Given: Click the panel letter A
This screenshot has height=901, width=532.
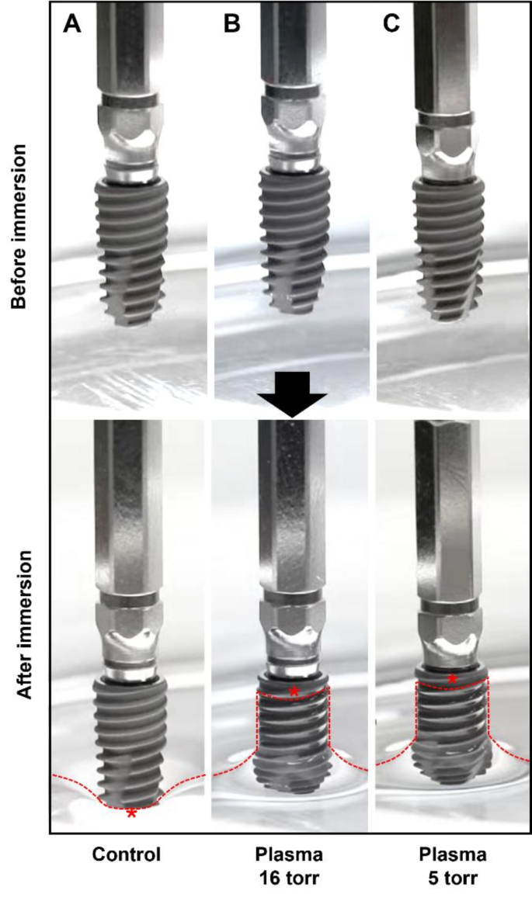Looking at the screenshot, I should click(72, 24).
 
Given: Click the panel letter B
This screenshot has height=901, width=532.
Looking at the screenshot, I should click(231, 24).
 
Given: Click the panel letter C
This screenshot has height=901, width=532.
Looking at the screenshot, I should click(391, 24).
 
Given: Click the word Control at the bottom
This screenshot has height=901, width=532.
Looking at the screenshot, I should click(126, 855).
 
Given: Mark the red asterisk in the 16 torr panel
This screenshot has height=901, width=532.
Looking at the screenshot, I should click(294, 691).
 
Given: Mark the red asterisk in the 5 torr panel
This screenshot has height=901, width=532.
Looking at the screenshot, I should click(453, 679).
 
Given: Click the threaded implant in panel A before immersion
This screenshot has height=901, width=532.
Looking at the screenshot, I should click(130, 248).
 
